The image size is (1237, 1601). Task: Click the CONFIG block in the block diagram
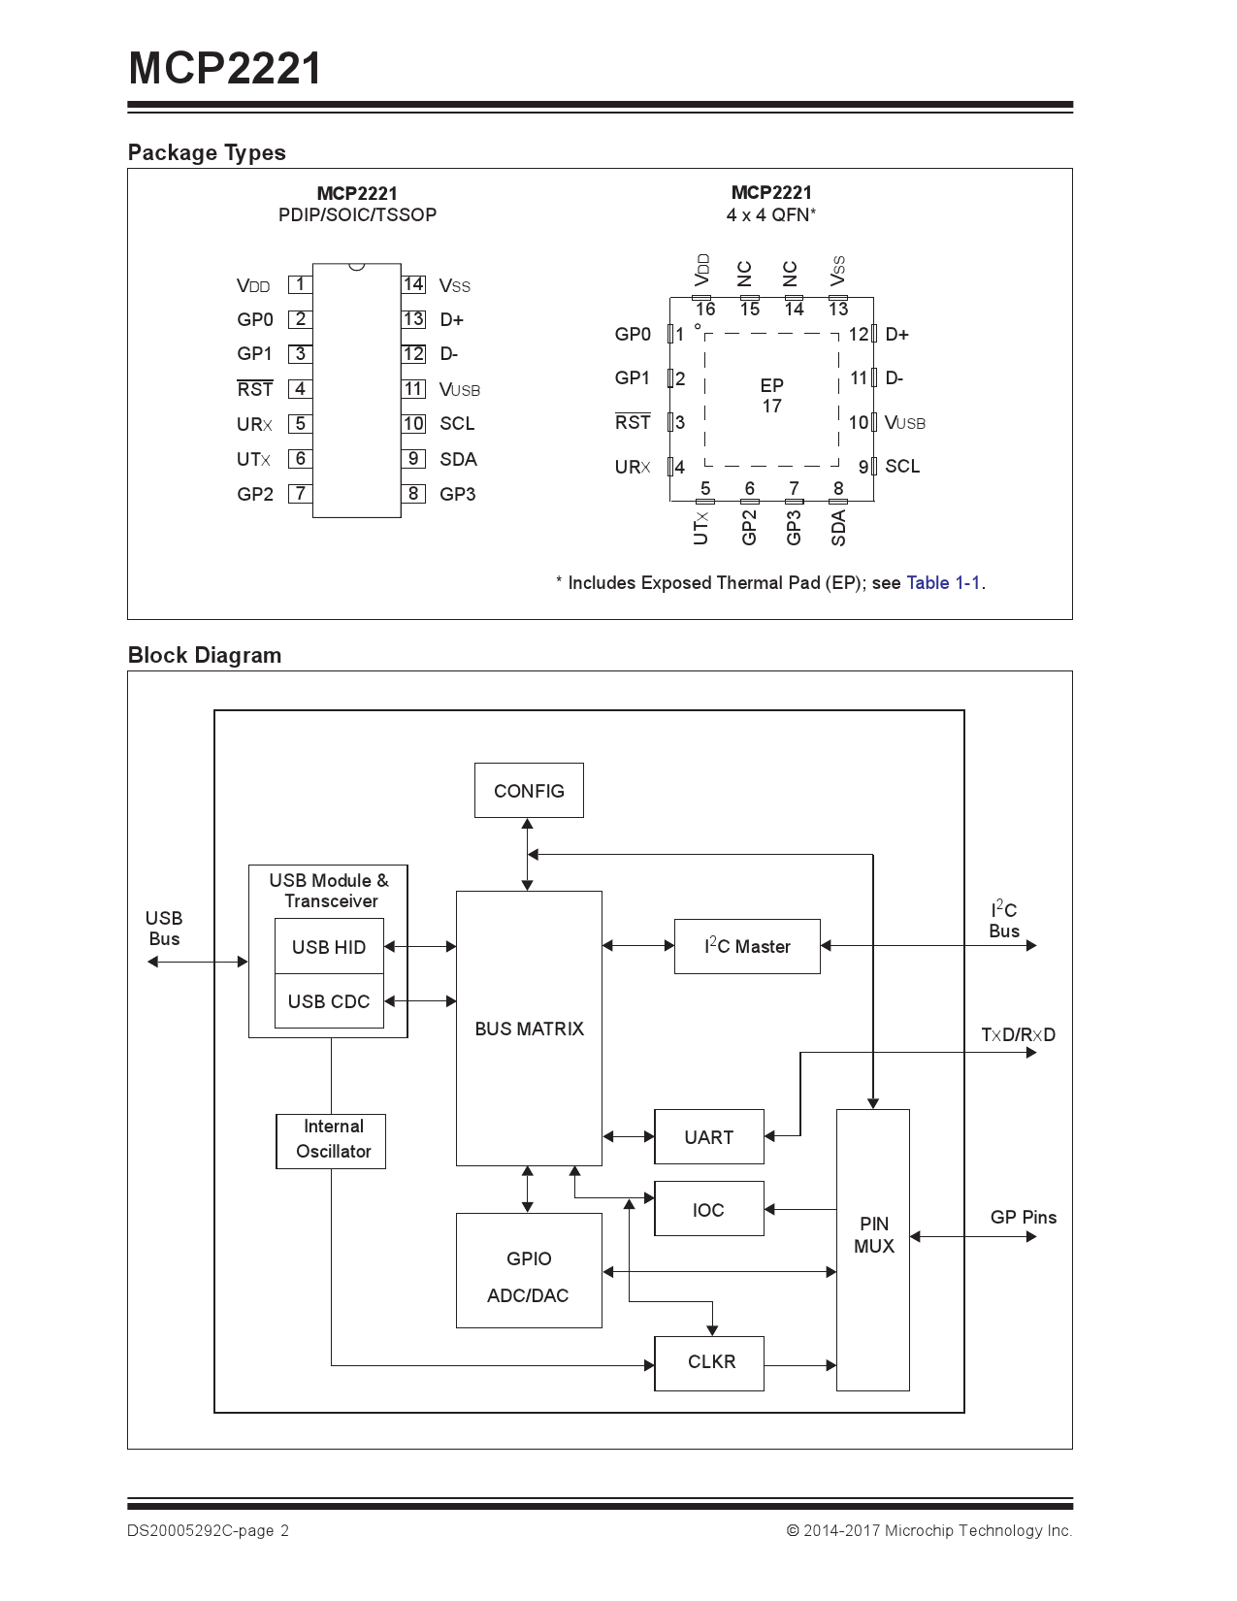point(529,791)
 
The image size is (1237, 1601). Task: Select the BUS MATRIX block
point(529,1029)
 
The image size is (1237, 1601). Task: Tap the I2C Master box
point(747,946)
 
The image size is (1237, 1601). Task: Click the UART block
point(708,1137)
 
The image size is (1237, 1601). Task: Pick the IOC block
point(708,1209)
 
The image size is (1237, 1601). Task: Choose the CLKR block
point(710,1362)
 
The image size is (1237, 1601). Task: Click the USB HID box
point(329,947)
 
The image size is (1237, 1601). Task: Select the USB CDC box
point(329,1001)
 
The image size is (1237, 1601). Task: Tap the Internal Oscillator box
point(332,1140)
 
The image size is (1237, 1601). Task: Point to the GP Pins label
point(1023,1218)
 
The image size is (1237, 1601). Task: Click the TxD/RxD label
point(1018,1035)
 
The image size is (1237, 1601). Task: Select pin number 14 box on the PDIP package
point(413,284)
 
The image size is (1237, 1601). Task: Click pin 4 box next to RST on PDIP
point(300,389)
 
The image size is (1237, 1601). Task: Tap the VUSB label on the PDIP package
point(459,390)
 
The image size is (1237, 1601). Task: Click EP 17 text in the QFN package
point(771,396)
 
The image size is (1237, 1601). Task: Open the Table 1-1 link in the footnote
point(943,583)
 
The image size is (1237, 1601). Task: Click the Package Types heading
point(207,153)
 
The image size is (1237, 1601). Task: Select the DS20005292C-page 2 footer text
point(208,1531)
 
